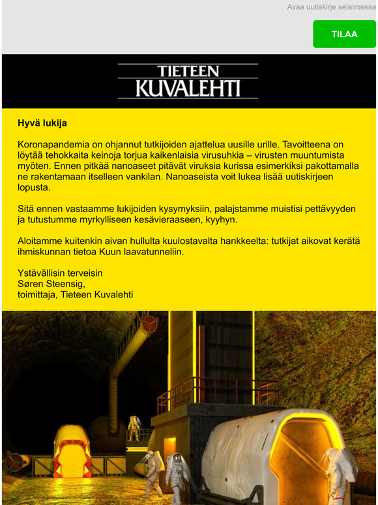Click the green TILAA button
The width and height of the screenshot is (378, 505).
click(344, 34)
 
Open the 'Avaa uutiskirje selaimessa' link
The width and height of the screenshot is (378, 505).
click(332, 7)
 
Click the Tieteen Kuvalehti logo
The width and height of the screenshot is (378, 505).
click(188, 81)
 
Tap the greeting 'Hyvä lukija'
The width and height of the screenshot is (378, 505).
click(42, 123)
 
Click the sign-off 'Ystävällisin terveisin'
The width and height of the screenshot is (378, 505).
click(60, 273)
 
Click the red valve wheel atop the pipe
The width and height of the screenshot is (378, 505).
click(150, 323)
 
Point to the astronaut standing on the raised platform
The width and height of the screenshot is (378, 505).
click(134, 427)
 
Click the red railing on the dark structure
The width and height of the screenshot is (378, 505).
click(215, 391)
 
